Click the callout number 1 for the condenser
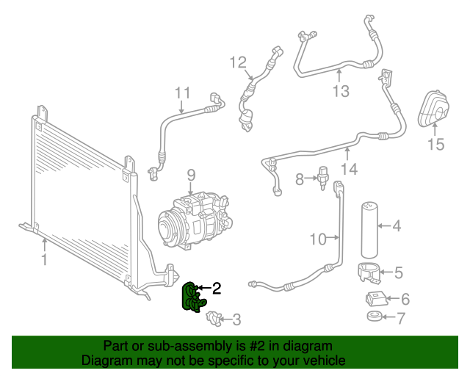(x=44, y=259)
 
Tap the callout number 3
(x=236, y=319)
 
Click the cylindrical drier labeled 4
(x=371, y=227)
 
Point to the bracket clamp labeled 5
(x=372, y=271)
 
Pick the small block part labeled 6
(x=375, y=299)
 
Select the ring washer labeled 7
(x=375, y=318)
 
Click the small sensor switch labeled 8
(x=322, y=178)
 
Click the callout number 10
(x=317, y=238)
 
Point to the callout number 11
(x=182, y=93)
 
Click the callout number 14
(x=349, y=169)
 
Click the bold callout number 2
(x=216, y=289)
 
